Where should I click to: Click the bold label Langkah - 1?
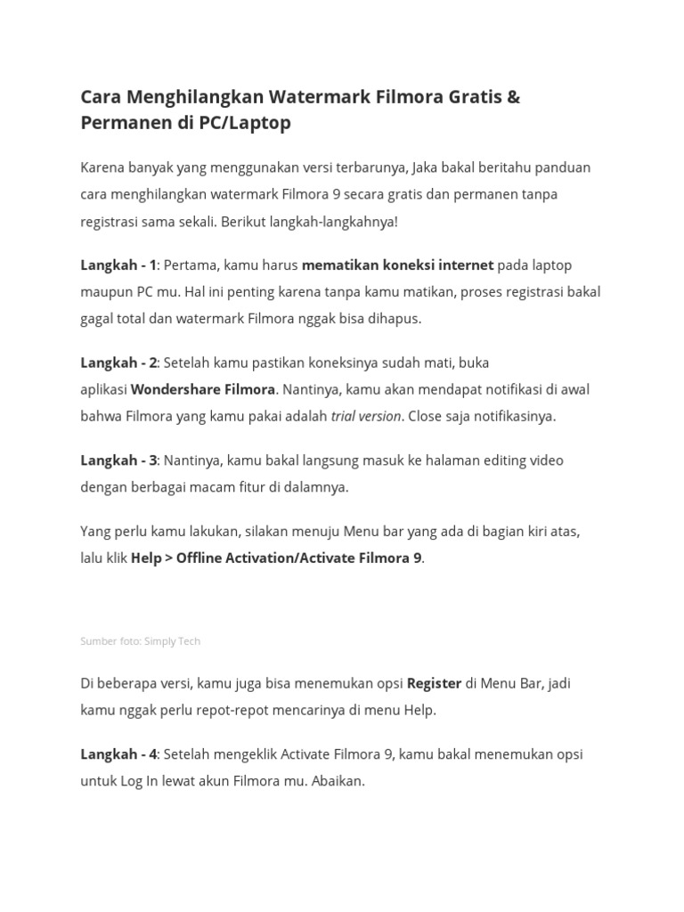coord(118,265)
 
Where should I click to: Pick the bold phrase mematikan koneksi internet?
coord(397,265)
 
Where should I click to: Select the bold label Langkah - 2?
coord(118,362)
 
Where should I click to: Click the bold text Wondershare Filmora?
coord(203,389)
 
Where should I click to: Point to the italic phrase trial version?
coord(365,416)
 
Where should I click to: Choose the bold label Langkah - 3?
coord(118,460)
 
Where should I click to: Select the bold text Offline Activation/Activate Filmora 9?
coord(298,558)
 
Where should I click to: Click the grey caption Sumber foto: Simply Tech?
coord(141,641)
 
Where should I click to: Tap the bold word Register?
coord(434,683)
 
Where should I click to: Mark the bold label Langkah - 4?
coord(118,754)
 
